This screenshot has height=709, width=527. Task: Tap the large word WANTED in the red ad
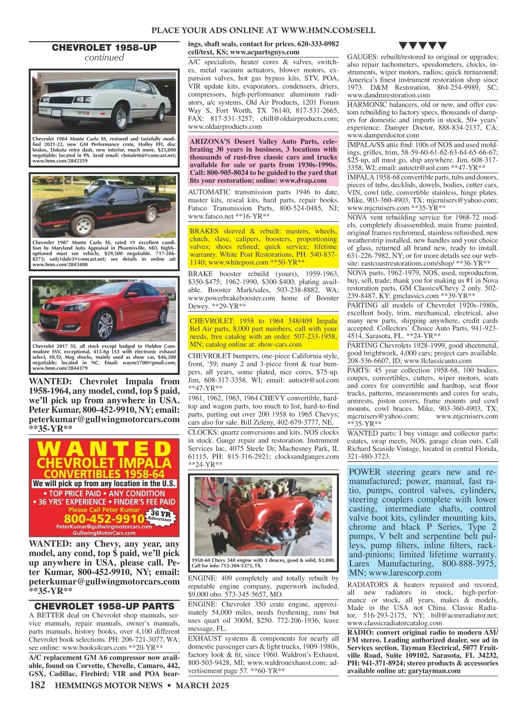(x=105, y=449)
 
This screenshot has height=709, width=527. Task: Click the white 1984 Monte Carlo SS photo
(x=104, y=102)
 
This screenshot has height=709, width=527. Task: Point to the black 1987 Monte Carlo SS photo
(x=104, y=205)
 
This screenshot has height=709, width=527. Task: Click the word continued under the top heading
(x=104, y=58)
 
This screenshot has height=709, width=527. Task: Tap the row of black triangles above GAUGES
(x=422, y=45)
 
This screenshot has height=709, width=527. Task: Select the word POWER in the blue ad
(x=366, y=472)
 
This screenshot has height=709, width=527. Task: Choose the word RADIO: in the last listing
(x=361, y=632)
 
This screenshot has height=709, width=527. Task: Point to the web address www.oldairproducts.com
(x=225, y=127)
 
